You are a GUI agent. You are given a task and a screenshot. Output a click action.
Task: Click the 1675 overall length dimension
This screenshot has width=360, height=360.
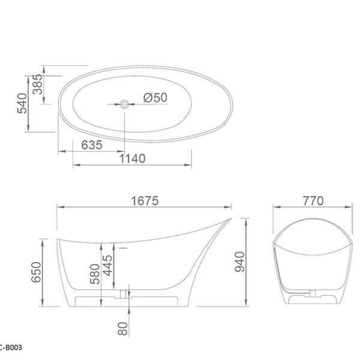pyautogui.click(x=145, y=201)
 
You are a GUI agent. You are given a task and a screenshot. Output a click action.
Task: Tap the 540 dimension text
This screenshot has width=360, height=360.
pyautogui.click(x=23, y=104)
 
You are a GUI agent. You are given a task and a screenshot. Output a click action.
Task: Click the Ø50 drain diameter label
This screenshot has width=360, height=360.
pyautogui.click(x=155, y=98)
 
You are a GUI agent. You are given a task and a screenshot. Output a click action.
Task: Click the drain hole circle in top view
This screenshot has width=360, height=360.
pyautogui.click(x=124, y=104)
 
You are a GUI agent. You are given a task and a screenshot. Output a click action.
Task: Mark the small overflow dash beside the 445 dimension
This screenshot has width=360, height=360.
pyautogui.click(x=124, y=246)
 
